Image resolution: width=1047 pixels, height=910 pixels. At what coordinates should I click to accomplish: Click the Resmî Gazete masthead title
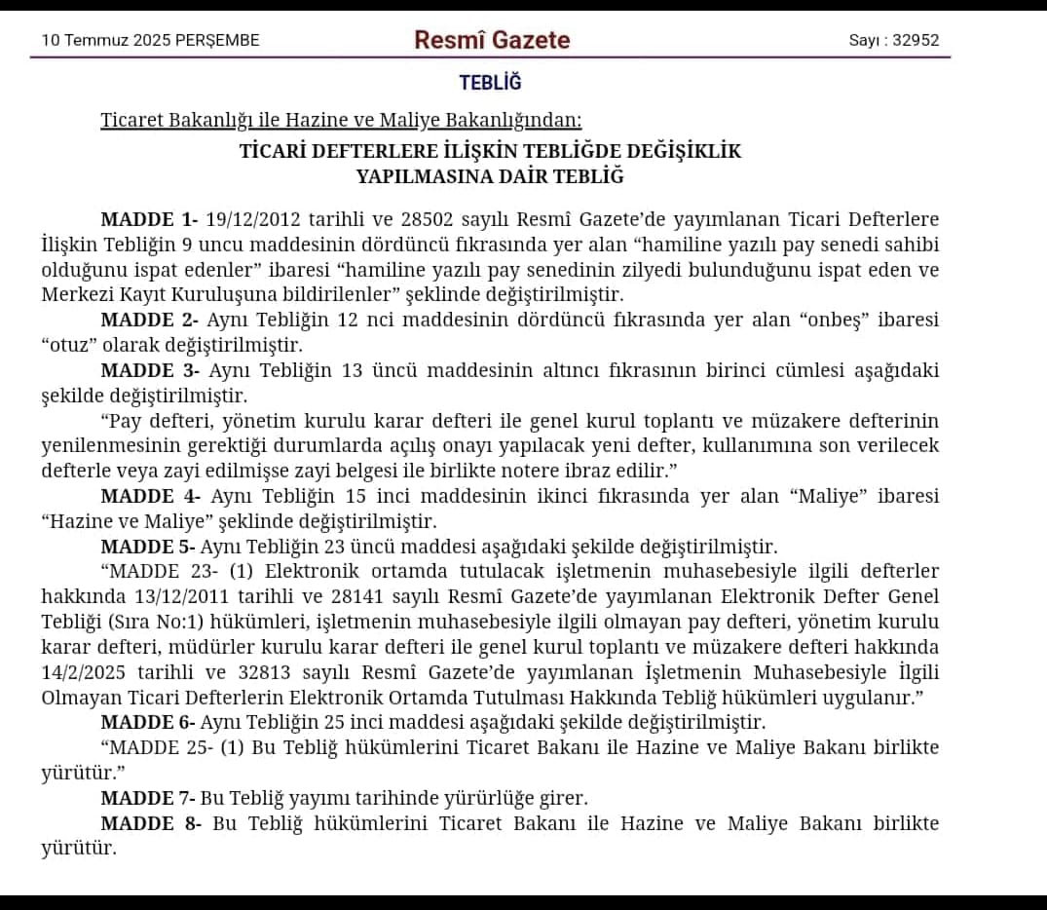(x=492, y=40)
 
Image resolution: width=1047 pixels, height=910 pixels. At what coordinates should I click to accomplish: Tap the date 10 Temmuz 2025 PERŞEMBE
(x=150, y=41)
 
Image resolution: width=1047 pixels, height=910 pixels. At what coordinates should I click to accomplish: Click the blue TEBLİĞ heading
(x=490, y=84)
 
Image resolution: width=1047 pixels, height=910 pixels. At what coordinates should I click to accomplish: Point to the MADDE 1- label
(x=149, y=220)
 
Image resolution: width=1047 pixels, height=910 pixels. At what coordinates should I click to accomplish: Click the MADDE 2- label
(x=149, y=321)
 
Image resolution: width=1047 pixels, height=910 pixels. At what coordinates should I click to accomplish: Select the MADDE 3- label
(x=149, y=371)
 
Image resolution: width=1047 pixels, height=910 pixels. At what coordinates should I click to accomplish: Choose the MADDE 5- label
(x=148, y=547)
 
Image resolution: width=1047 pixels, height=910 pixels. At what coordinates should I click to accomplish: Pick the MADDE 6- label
(x=148, y=723)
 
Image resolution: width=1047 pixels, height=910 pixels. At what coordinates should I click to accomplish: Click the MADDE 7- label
(x=148, y=799)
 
